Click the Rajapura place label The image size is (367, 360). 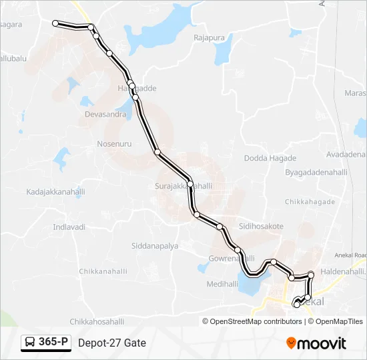point(209,38)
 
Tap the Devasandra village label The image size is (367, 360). point(105,115)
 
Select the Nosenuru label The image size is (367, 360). point(114,143)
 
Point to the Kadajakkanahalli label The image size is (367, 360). point(56,192)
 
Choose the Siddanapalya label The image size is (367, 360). point(154,245)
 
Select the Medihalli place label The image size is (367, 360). point(222,283)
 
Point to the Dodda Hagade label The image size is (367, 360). point(270,158)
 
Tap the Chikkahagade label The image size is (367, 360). point(310,201)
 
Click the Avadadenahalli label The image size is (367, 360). point(344,153)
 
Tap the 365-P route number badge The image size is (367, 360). point(46,343)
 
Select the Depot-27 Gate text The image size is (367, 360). point(111,343)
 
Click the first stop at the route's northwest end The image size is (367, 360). point(55,23)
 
